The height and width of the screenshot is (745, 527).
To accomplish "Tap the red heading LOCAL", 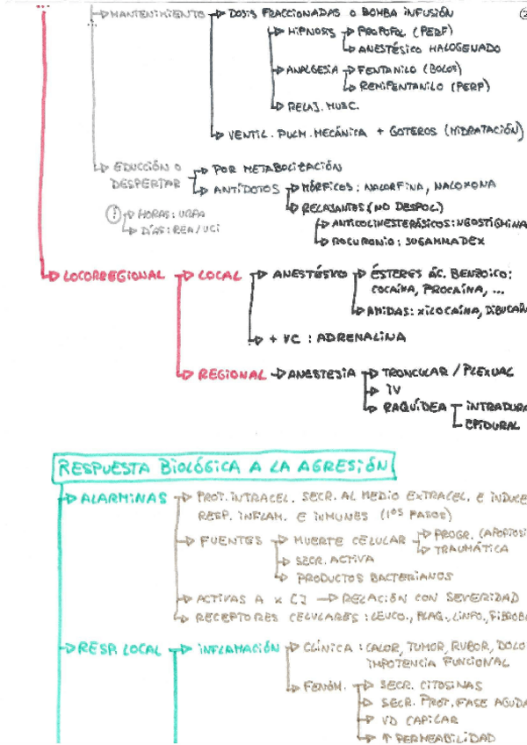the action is coord(220,275).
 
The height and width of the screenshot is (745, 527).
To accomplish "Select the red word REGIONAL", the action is coord(231,374).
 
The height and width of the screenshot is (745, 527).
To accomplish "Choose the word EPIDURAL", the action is coord(493,425).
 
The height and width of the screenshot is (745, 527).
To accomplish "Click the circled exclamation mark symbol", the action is coord(112,213).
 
